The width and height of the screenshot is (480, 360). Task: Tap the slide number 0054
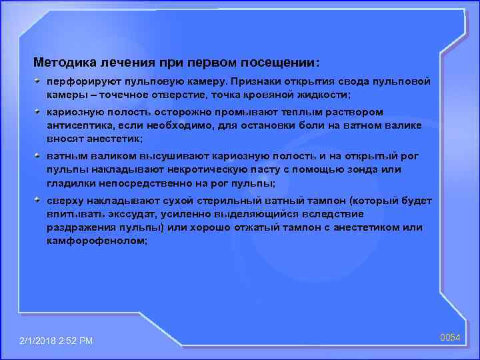[450, 337]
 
